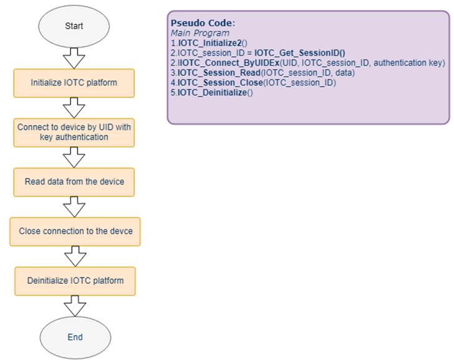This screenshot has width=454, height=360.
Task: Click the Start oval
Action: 74,26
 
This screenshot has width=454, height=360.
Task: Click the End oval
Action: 75,337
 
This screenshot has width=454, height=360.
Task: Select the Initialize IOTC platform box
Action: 74,83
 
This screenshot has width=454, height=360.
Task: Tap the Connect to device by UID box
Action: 74,133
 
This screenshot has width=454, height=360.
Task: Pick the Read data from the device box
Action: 74,182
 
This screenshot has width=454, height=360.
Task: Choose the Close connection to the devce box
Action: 75,232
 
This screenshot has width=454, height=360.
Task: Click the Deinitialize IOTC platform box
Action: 75,281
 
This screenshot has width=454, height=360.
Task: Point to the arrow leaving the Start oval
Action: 74,58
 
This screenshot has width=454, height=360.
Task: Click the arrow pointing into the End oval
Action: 75,306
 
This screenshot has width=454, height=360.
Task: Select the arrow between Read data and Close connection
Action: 74,207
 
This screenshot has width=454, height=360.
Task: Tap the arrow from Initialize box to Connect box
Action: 74,108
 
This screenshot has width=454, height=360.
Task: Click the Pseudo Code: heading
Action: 203,23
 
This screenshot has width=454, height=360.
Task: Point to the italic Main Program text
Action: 200,33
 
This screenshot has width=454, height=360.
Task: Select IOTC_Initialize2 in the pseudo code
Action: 210,43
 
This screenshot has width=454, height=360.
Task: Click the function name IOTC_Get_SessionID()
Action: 300,53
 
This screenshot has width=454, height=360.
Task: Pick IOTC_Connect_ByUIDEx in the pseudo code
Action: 228,63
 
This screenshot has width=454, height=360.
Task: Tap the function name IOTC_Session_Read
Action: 219,72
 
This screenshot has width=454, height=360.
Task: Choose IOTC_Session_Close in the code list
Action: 220,82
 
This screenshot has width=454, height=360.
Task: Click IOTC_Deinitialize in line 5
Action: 212,92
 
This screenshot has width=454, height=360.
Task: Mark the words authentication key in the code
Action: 409,63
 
